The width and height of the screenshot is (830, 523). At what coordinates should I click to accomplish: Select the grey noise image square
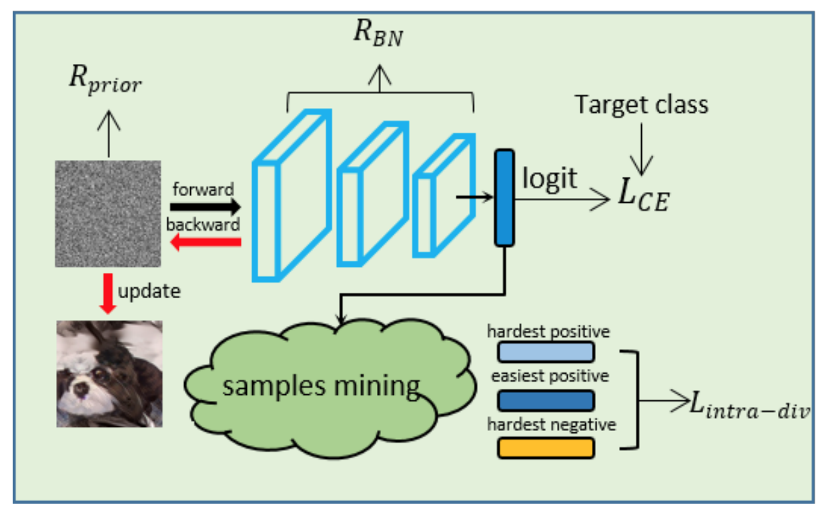click(x=108, y=213)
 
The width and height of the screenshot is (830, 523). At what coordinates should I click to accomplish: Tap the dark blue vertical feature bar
click(x=504, y=197)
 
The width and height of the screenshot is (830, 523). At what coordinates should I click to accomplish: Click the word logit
click(x=550, y=179)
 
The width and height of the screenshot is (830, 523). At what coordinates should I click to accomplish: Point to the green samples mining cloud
click(x=320, y=387)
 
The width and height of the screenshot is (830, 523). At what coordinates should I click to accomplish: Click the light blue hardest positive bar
click(x=546, y=352)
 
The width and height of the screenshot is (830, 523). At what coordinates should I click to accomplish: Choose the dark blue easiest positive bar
click(x=546, y=400)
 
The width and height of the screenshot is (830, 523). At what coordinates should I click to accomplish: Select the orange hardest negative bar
click(x=546, y=448)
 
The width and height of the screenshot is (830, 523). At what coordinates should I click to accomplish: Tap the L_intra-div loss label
click(x=750, y=403)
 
